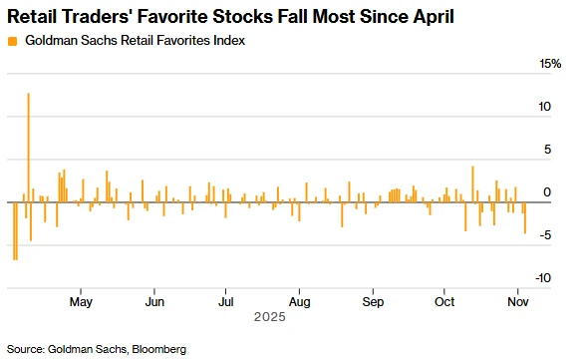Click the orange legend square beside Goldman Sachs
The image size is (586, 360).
[11, 41]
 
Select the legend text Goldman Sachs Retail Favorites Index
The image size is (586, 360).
[134, 41]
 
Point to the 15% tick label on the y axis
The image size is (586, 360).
[550, 64]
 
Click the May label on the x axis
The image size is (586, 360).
[82, 300]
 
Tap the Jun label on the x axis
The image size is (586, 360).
[154, 300]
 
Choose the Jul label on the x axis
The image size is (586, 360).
[226, 300]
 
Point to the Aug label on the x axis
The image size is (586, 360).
[300, 300]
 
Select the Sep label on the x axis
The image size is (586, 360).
[373, 300]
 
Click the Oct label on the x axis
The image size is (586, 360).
[444, 300]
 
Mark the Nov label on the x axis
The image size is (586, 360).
[517, 300]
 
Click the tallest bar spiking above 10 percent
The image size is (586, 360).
[28, 150]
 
